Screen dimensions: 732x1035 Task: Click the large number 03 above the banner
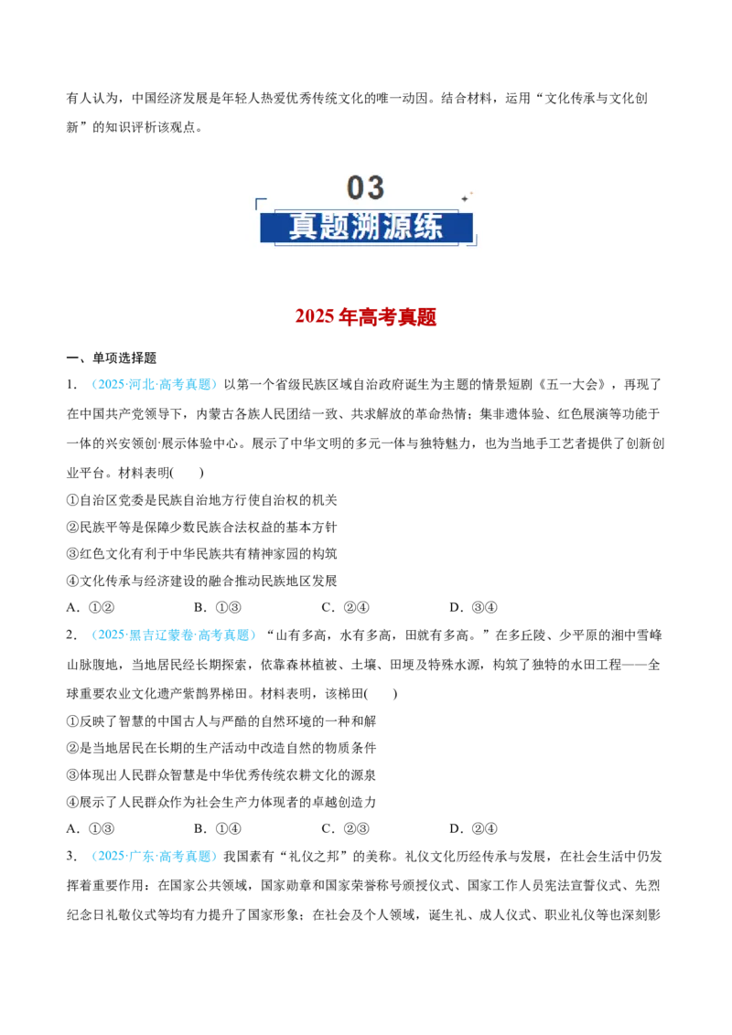click(365, 187)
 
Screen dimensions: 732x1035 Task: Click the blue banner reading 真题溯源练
click(367, 227)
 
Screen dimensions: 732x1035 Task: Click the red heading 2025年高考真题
click(366, 317)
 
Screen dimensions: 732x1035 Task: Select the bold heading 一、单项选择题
click(112, 357)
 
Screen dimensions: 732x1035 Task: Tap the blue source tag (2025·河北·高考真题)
click(155, 384)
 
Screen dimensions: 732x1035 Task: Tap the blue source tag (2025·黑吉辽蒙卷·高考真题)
click(174, 635)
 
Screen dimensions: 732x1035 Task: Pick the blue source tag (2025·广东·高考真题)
click(155, 856)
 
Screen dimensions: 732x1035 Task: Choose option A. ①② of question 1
click(91, 607)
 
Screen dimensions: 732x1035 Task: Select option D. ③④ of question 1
click(473, 607)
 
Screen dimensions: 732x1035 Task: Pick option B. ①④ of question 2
click(218, 828)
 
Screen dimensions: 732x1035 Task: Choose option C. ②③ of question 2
click(345, 828)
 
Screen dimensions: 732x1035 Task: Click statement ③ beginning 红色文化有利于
click(202, 553)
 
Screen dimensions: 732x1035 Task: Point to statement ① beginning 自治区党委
click(202, 500)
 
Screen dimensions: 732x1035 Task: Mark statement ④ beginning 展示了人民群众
click(221, 801)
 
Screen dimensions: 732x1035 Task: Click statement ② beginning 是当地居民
click(221, 747)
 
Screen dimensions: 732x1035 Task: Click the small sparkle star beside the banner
click(465, 198)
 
